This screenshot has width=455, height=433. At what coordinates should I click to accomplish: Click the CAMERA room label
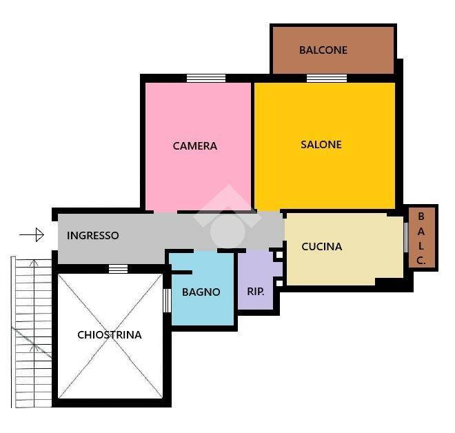point(194,145)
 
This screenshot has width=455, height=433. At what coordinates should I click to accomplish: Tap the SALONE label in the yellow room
point(321,145)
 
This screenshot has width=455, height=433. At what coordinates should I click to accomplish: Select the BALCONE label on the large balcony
point(323,50)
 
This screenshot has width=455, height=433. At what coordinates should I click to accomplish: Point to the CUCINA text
point(321,247)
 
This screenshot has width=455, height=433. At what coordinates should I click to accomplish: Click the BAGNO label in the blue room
point(201,292)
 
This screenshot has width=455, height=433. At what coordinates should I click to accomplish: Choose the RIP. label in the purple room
point(255,292)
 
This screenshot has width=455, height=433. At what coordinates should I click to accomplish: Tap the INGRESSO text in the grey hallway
point(92,235)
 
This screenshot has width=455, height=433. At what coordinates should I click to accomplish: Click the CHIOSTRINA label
point(110,335)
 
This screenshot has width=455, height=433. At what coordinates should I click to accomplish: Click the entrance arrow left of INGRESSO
point(32,234)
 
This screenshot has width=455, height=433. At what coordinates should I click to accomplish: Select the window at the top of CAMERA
point(205,78)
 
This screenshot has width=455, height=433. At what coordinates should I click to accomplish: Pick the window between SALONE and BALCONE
point(327,78)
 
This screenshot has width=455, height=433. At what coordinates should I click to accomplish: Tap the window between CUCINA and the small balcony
point(406,237)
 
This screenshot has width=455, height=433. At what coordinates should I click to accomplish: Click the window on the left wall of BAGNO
point(167,301)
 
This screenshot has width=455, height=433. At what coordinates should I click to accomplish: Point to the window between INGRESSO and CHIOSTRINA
point(118,269)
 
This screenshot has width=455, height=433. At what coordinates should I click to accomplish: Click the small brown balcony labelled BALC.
point(422,237)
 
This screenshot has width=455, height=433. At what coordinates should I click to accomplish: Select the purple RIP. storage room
point(255,281)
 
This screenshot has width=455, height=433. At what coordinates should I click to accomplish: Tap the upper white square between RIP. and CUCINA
point(279,255)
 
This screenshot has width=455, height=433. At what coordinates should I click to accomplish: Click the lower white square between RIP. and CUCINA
point(279,283)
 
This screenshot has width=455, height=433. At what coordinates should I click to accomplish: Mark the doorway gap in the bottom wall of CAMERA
point(165,212)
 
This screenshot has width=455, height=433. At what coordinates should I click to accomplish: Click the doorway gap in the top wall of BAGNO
point(205,251)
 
